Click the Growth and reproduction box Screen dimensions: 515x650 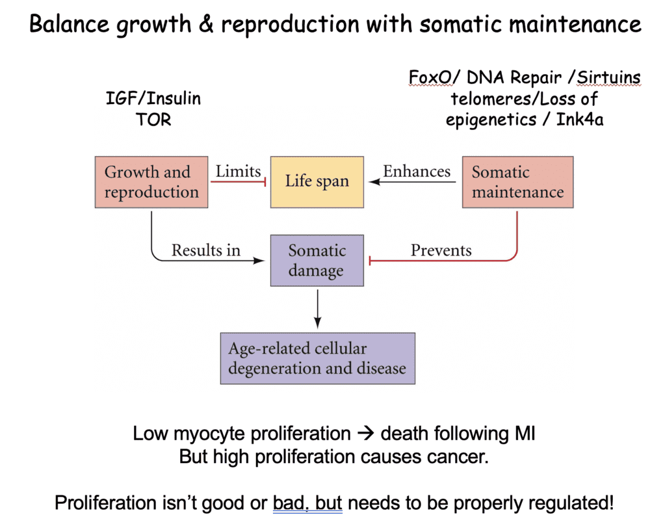click(151, 182)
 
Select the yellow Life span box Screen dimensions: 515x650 click(317, 181)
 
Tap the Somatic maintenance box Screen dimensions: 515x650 click(517, 182)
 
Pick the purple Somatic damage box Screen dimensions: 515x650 click(317, 261)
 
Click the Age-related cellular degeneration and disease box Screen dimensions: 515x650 click(317, 358)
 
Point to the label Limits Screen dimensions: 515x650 click(238, 172)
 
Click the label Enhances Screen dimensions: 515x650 click(417, 172)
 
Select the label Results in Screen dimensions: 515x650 click(205, 250)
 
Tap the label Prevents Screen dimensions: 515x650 click(441, 250)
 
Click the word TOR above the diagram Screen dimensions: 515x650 click(153, 120)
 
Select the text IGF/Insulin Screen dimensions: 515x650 click(153, 99)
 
